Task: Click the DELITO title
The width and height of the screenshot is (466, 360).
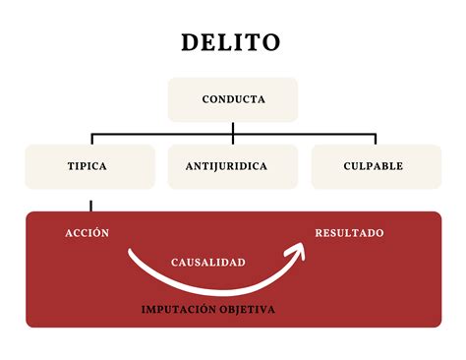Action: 232,43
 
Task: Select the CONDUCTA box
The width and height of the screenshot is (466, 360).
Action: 233,99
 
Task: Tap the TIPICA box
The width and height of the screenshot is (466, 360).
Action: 89,166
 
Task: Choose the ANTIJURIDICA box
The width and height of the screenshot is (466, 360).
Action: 233,166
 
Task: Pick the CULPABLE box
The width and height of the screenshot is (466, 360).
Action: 376,166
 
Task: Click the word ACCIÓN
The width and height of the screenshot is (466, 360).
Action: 87,233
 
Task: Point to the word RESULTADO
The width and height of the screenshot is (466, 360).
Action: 349,233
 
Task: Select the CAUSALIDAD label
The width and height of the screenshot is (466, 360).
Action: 208,263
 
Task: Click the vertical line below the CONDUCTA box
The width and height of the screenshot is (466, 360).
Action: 233,128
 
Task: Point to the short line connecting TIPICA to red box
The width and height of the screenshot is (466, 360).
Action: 91,206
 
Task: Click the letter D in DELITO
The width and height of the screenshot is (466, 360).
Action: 190,43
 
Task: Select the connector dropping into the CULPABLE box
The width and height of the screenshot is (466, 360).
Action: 376,140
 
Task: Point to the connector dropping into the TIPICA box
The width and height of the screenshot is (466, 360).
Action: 91,140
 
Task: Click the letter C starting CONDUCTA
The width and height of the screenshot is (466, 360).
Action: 206,99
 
